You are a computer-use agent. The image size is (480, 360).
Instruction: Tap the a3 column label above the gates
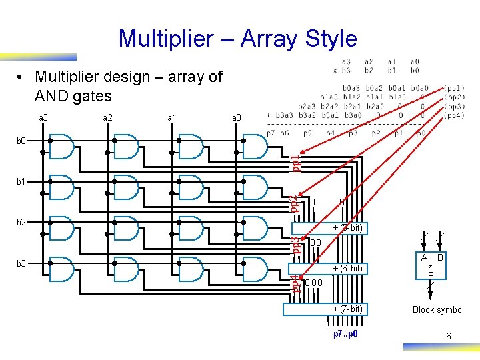43,117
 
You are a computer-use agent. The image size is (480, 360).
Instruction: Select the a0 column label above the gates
236,117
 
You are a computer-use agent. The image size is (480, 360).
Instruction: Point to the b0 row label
22,141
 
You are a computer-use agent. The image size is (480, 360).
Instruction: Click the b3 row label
22,263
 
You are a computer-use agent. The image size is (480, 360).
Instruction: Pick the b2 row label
22,221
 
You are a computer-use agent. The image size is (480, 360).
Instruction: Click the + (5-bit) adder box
331,228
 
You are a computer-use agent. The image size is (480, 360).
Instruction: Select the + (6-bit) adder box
329,268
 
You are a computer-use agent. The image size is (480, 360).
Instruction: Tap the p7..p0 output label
346,333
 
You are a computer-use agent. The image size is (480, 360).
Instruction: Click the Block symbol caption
438,309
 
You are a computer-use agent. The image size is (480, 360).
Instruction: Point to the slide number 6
448,337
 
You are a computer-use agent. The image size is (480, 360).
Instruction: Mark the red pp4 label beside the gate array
295,283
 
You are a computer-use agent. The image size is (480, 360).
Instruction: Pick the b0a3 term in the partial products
350,87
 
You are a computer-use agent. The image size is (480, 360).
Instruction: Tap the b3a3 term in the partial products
287,115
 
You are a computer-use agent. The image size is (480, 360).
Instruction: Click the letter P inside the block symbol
431,275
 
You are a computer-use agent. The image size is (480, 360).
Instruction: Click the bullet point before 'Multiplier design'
23,77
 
